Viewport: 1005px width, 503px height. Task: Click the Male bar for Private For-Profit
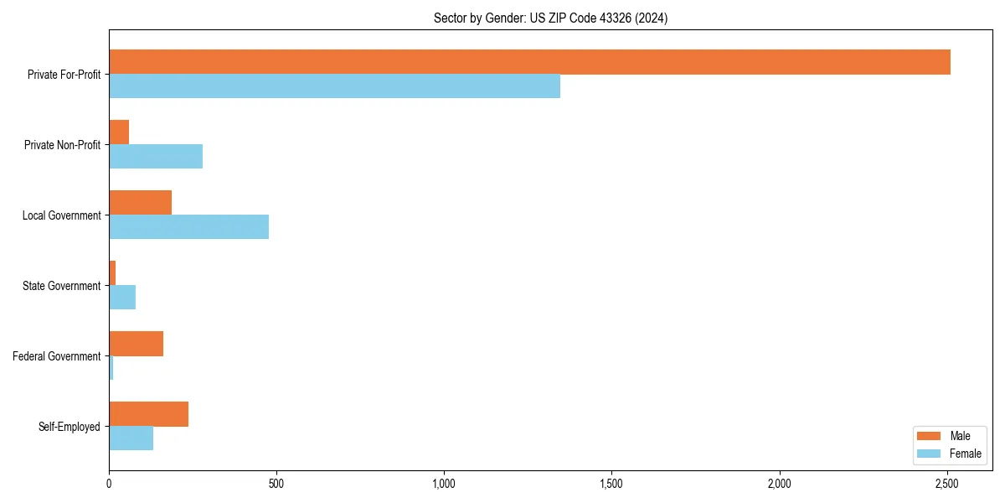click(x=529, y=62)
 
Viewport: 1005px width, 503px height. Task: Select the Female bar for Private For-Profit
click(x=334, y=86)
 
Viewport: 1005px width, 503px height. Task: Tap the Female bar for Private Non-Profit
click(x=156, y=157)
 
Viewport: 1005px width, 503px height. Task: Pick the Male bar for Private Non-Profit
click(x=119, y=132)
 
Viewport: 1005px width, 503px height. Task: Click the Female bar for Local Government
click(x=188, y=227)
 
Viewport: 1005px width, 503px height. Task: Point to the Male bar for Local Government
click(x=140, y=203)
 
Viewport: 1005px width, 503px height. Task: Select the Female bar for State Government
click(x=122, y=298)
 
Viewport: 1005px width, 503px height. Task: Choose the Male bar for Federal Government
click(x=136, y=344)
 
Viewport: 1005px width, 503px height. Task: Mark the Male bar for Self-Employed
click(x=148, y=414)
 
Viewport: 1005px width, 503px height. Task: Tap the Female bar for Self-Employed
click(x=131, y=438)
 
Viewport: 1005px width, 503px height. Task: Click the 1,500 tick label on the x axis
click(x=611, y=484)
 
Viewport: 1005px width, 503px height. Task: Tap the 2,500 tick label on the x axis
click(x=947, y=484)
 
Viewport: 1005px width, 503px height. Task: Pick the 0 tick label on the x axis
click(x=109, y=484)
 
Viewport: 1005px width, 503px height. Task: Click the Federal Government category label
click(x=57, y=356)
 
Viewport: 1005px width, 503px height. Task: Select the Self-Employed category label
click(x=70, y=427)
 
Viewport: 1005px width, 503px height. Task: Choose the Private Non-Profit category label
click(x=62, y=145)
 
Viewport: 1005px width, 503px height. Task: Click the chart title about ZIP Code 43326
click(x=550, y=18)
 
